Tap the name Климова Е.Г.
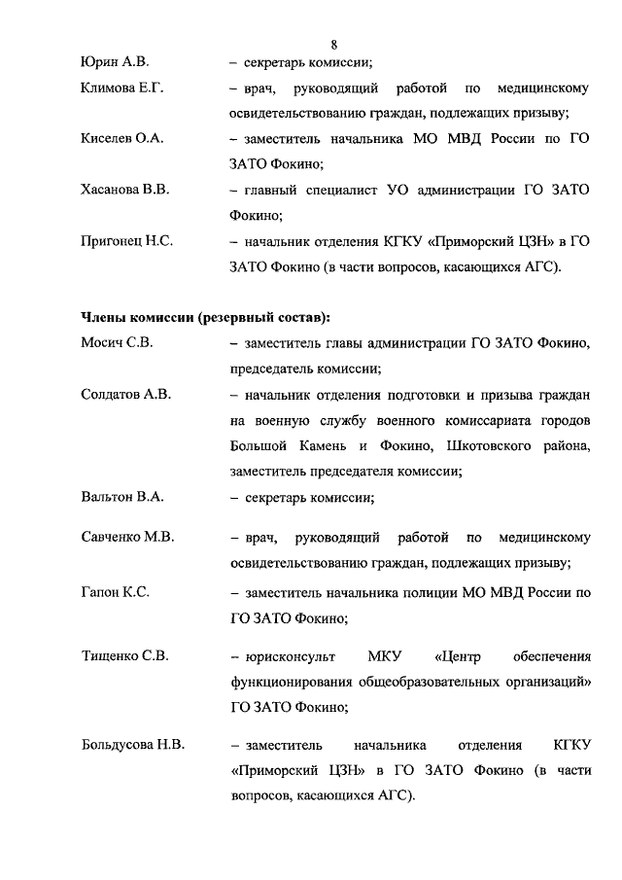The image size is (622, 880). pos(121,89)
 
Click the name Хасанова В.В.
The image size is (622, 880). pos(124,190)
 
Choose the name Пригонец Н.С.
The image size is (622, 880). pos(126,240)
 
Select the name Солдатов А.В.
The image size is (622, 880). pos(125,394)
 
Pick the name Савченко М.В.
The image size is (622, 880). pos(126,538)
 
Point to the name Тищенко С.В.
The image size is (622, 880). pos(124,655)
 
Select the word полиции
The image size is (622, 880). pos(439,590)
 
